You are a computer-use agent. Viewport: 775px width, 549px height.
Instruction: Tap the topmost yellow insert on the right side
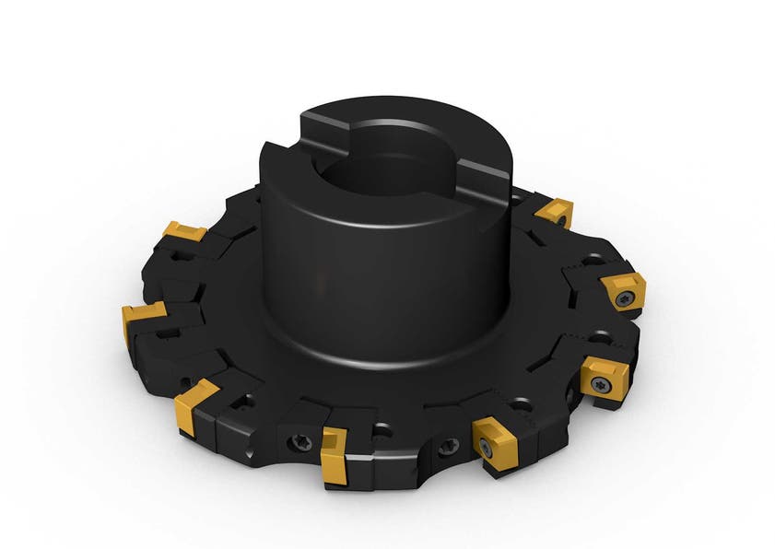pos(555,213)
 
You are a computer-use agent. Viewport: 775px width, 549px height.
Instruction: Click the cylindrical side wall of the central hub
pos(369,267)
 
